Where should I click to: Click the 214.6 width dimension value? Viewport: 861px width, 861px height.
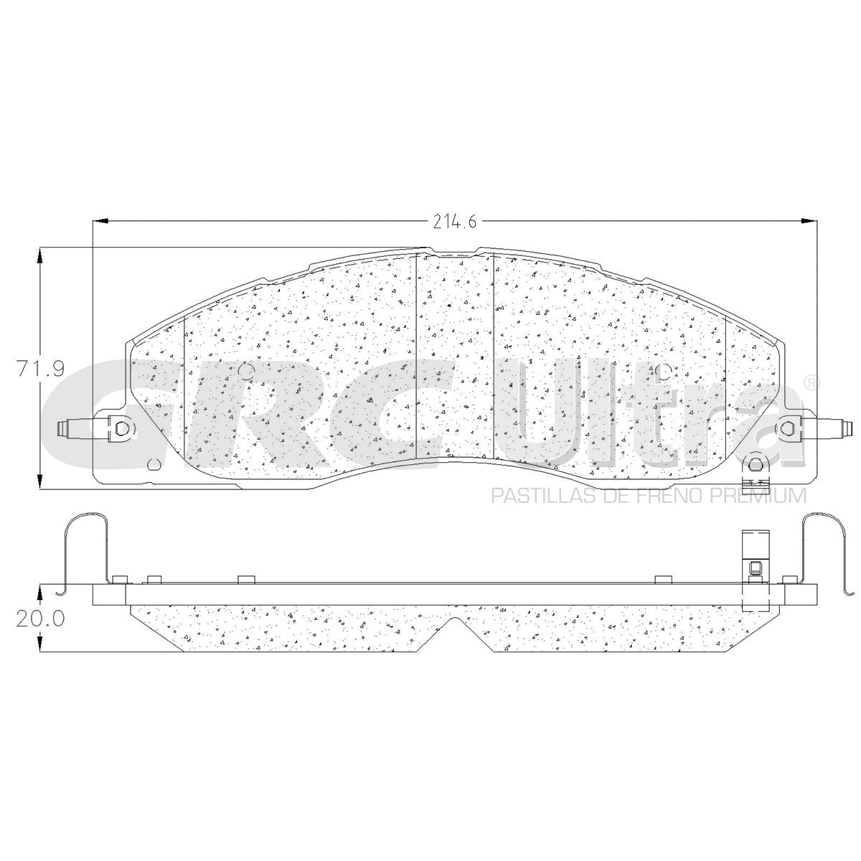coord(454,222)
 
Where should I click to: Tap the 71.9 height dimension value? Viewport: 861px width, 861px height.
coord(41,369)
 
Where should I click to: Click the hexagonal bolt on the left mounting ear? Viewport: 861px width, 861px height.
coord(121,429)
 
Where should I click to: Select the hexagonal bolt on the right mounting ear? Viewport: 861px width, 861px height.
coord(788,429)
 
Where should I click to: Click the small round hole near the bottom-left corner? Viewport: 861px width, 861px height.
coord(154,464)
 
